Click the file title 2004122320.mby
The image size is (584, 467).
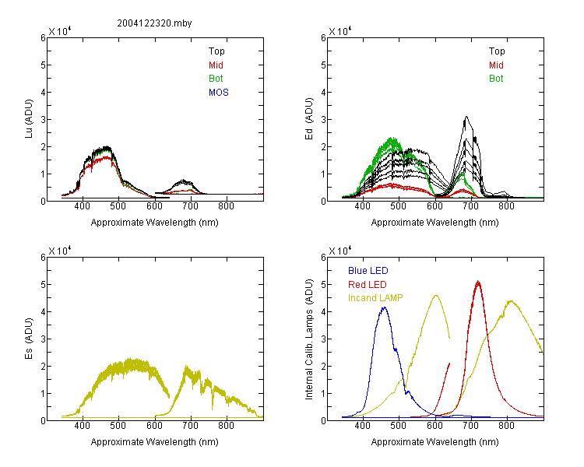(154, 23)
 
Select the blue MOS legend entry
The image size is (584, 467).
(219, 93)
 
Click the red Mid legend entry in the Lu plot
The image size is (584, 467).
(216, 65)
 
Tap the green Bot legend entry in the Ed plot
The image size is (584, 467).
(496, 79)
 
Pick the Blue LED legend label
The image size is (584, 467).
(368, 271)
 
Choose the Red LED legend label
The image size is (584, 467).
(368, 285)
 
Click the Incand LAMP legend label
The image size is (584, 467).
(375, 298)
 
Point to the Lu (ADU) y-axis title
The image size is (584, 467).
(29, 118)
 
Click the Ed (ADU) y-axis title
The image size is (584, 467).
(309, 118)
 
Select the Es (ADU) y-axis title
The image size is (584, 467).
(29, 338)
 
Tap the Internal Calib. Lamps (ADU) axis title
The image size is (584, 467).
(309, 339)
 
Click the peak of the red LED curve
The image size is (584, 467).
(478, 282)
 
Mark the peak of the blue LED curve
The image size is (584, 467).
(384, 307)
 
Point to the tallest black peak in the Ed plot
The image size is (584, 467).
(466, 117)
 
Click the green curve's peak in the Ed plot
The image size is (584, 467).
(392, 139)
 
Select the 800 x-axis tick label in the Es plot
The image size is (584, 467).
(226, 426)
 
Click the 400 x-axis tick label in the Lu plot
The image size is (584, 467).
(82, 206)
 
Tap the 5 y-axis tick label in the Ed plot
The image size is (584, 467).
(323, 65)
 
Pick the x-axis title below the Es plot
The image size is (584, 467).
(155, 442)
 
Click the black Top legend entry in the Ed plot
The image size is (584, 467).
(497, 51)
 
